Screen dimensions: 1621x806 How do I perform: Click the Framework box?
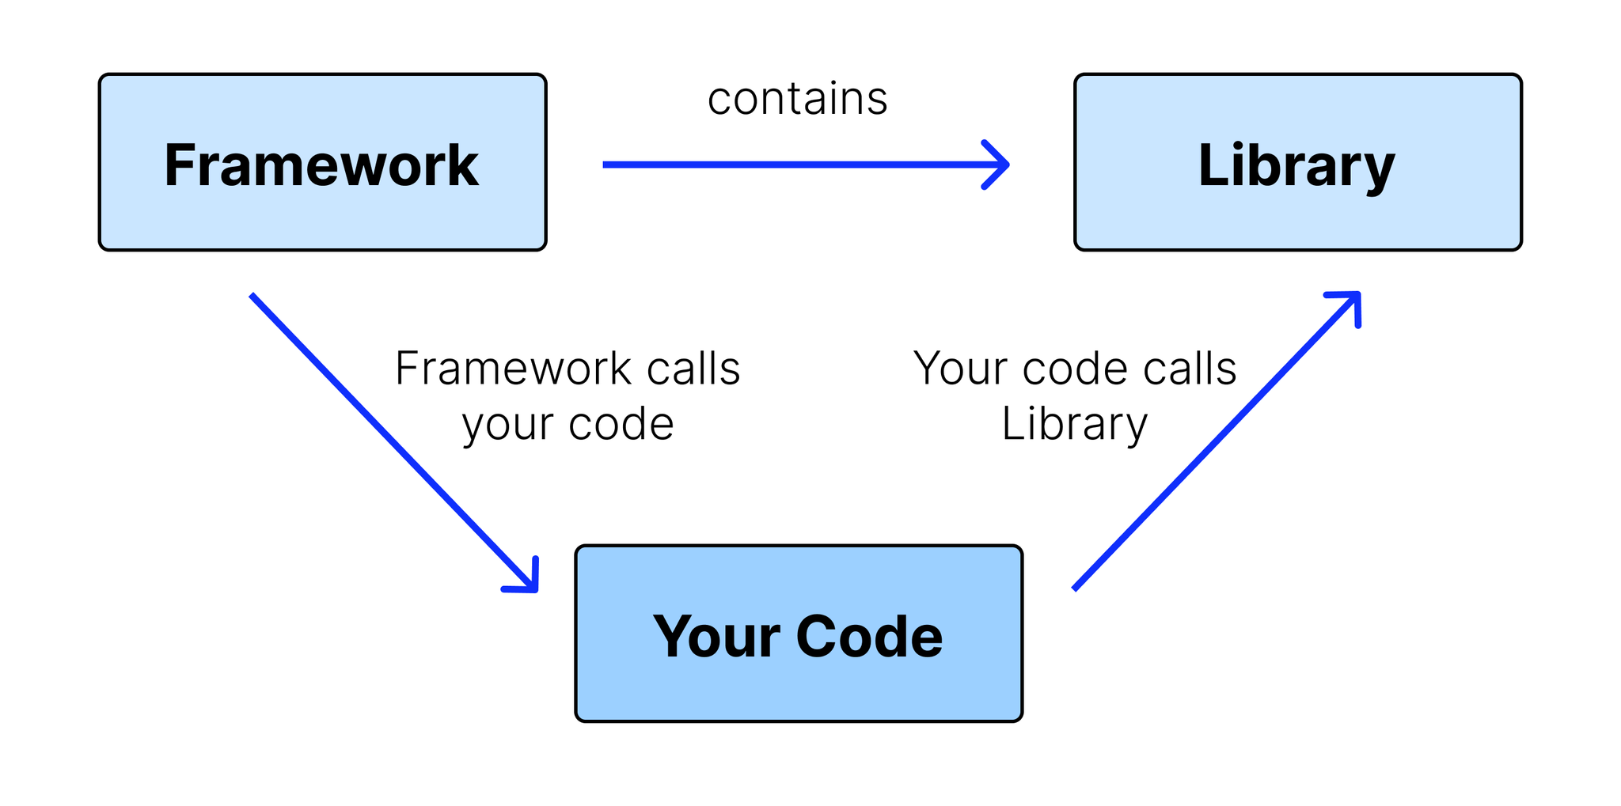[322, 162]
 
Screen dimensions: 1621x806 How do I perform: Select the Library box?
[1298, 162]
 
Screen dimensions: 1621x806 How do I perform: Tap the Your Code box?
[799, 633]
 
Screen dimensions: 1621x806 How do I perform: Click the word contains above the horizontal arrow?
[798, 99]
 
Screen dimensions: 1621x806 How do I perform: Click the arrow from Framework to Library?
[806, 165]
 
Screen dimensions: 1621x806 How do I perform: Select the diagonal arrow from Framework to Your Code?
[394, 443]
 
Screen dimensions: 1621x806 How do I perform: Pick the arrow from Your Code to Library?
[1217, 441]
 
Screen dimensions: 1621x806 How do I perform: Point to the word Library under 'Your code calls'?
[1074, 426]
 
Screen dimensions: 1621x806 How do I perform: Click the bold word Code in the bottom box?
[869, 636]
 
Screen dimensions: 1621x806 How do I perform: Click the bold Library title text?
[1296, 166]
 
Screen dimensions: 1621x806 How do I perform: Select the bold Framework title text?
[321, 165]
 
